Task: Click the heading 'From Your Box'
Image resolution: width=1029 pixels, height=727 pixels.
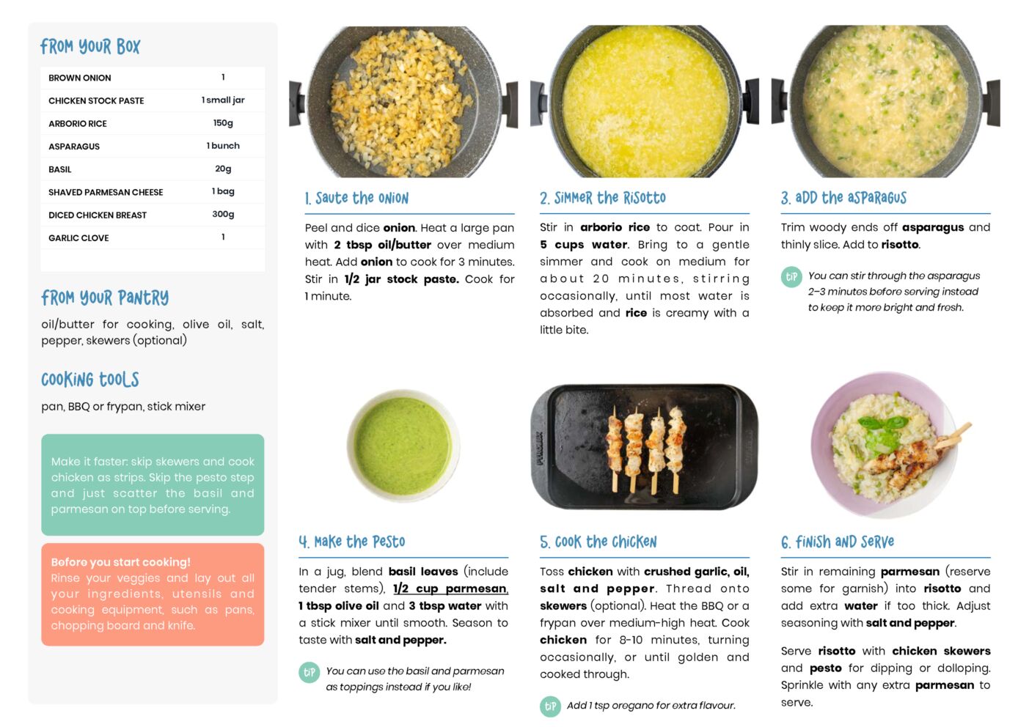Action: [x=90, y=46]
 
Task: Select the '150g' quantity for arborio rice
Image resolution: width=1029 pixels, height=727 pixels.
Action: [x=223, y=123]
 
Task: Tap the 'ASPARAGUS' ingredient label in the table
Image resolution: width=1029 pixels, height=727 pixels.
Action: [x=74, y=147]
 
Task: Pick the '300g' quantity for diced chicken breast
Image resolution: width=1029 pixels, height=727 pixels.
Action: [x=223, y=214]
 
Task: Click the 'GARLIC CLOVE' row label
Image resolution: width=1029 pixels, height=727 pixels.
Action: [x=78, y=237]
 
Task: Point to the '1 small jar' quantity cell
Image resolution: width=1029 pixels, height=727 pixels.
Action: [x=223, y=100]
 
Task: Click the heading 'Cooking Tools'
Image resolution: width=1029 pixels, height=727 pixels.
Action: [x=90, y=380]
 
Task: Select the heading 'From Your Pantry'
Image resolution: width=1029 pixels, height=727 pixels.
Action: [x=105, y=298]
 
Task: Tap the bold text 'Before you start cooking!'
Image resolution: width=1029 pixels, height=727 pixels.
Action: [x=120, y=562]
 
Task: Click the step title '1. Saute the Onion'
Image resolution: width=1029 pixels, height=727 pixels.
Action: [x=356, y=199]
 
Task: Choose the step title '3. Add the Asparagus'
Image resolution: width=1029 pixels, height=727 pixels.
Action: [x=843, y=198]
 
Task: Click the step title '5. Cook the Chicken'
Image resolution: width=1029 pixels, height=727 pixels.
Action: [x=598, y=542]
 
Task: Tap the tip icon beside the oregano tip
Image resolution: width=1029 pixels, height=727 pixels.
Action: [x=550, y=706]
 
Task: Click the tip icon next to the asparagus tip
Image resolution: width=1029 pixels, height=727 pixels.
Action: [x=791, y=277]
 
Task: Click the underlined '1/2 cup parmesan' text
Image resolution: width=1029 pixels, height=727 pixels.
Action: [x=450, y=588]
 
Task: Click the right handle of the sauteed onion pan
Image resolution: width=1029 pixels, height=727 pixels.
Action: [x=511, y=104]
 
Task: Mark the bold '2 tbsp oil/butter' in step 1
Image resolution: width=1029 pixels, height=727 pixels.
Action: [x=382, y=245]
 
